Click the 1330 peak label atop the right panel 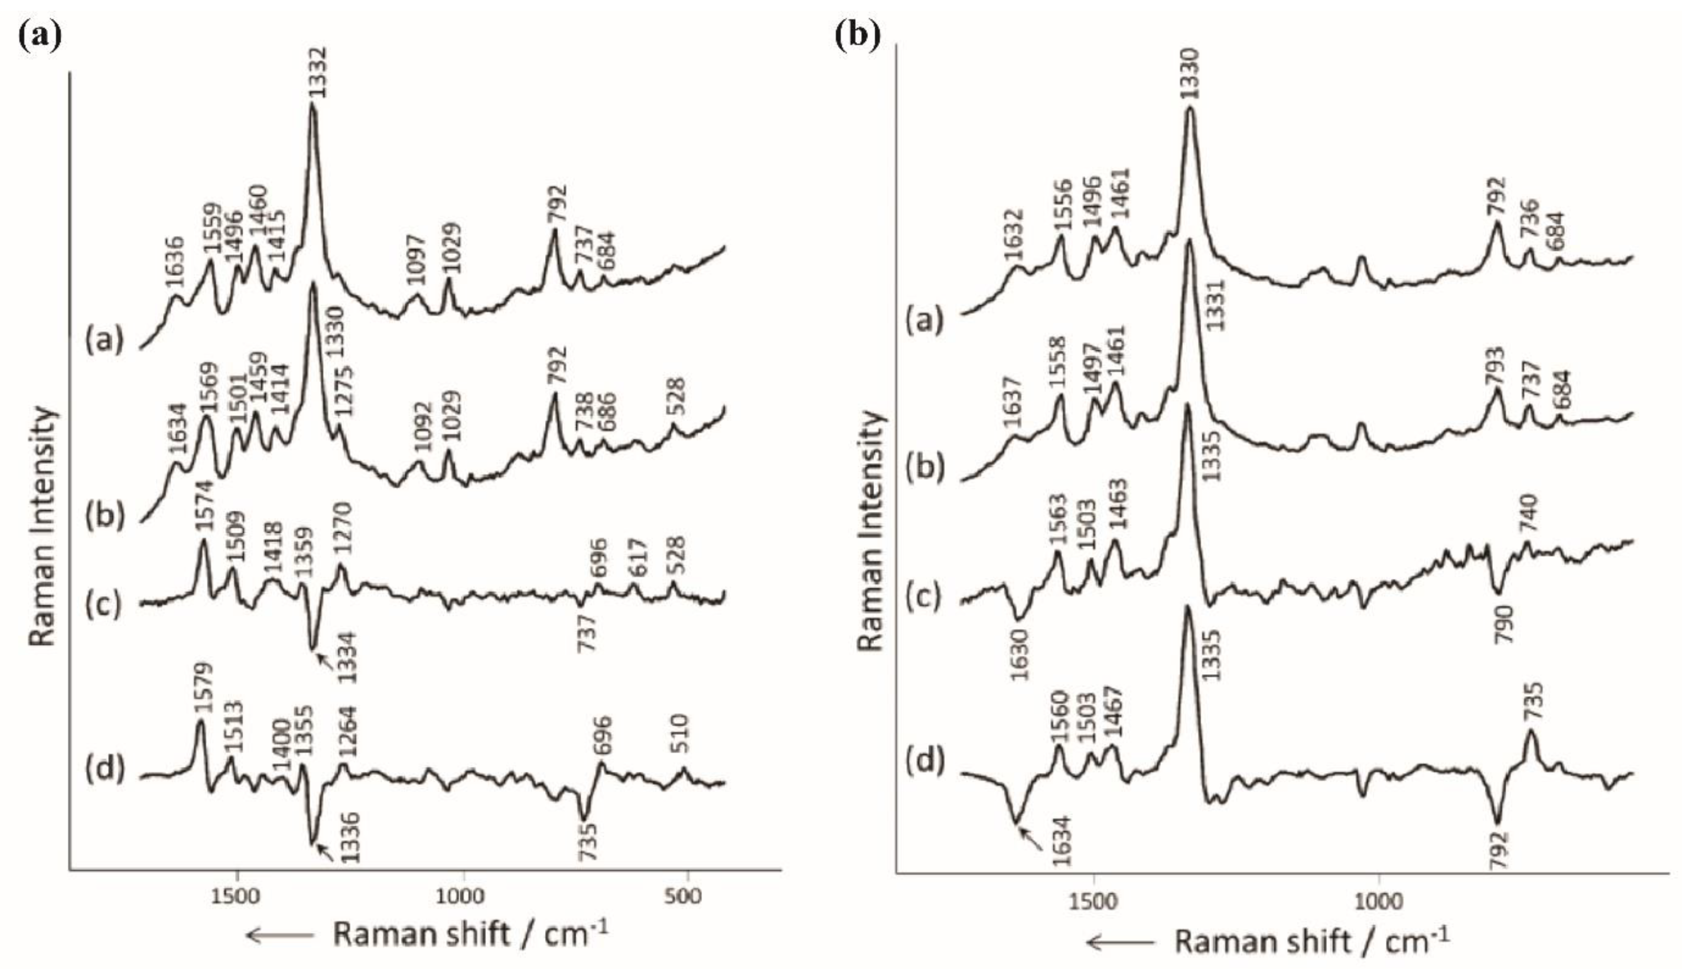click(1190, 73)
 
